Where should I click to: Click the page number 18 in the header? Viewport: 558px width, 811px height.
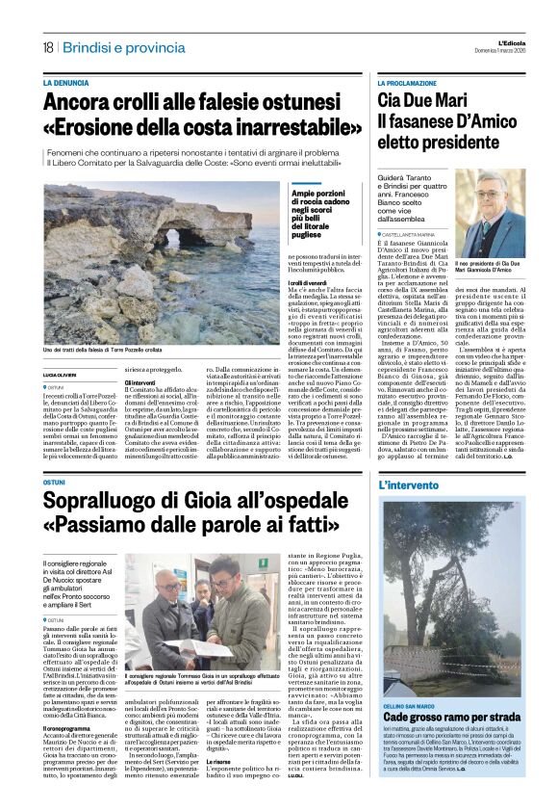point(47,47)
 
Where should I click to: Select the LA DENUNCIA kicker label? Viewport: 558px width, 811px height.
point(71,84)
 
